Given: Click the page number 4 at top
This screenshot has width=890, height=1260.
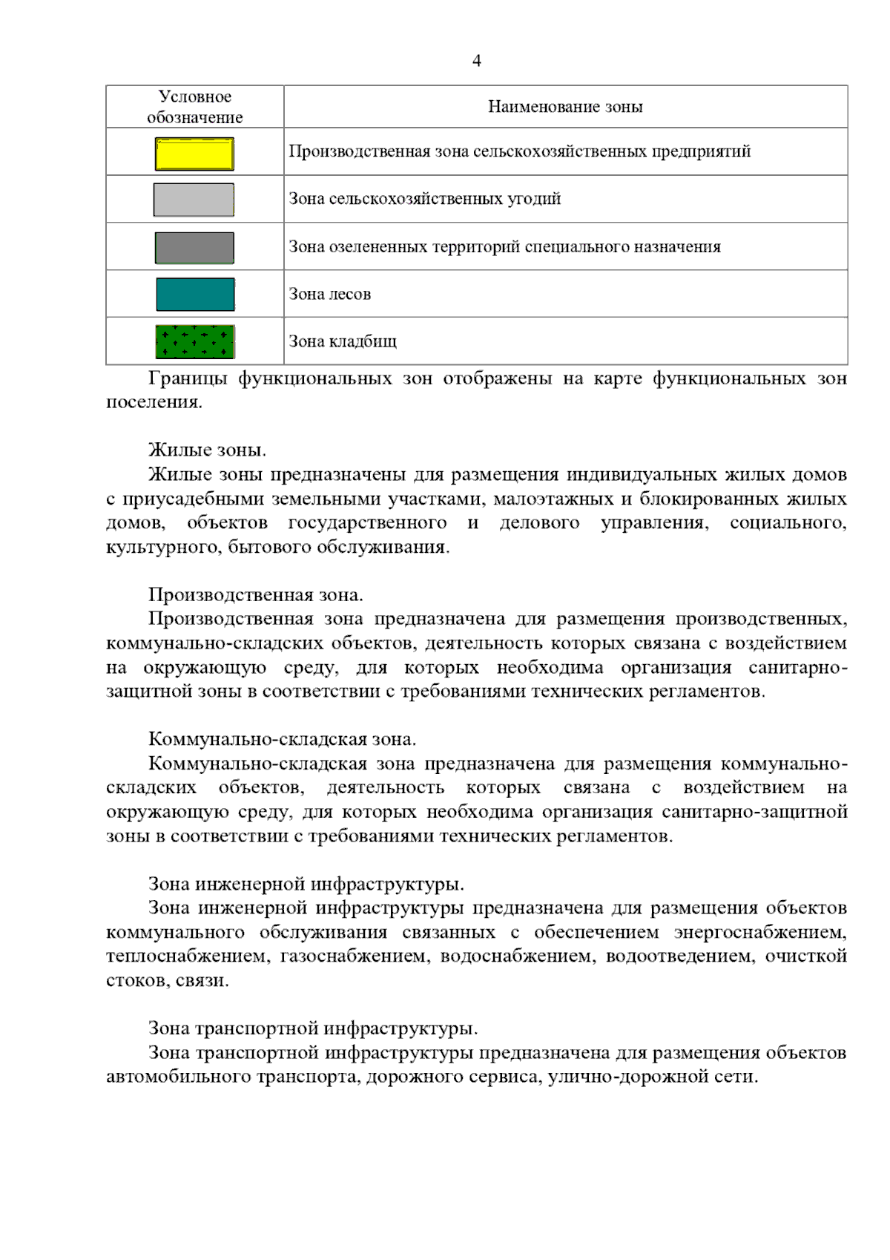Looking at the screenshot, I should [476, 61].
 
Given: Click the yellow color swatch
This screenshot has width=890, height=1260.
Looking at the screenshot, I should [194, 154].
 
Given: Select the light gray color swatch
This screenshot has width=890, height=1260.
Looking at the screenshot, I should [194, 200].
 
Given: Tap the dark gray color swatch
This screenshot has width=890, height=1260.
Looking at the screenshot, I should [194, 248].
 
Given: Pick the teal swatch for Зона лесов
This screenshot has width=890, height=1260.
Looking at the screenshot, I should [195, 295].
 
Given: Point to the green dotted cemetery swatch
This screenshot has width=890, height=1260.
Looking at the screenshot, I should [195, 342].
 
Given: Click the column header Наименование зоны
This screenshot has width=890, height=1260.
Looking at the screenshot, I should [565, 107].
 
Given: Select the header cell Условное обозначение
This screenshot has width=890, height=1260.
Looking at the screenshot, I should [195, 107].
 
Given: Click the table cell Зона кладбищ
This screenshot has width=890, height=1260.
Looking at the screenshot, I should [343, 341].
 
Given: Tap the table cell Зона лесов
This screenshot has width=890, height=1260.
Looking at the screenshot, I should [330, 294].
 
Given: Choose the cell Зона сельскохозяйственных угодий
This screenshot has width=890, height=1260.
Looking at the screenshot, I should [425, 199].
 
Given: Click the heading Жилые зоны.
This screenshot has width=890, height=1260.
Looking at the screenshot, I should [207, 450].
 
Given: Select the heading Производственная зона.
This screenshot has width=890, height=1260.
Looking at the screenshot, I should [256, 595].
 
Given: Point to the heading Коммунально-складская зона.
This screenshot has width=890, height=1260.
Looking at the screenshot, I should [282, 739].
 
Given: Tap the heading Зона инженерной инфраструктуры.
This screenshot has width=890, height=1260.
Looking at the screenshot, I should [306, 884].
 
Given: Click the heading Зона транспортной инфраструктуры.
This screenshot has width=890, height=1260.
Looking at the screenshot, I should [313, 1028].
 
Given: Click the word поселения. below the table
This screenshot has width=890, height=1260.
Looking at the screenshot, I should [154, 402].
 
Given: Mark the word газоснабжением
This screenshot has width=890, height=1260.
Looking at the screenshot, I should [354, 957].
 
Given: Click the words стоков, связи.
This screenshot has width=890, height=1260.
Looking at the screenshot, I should [168, 980].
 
